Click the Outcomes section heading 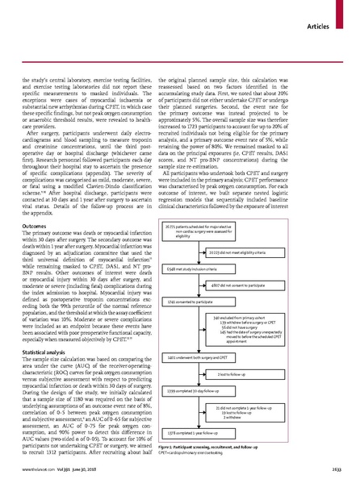point(35,203)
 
